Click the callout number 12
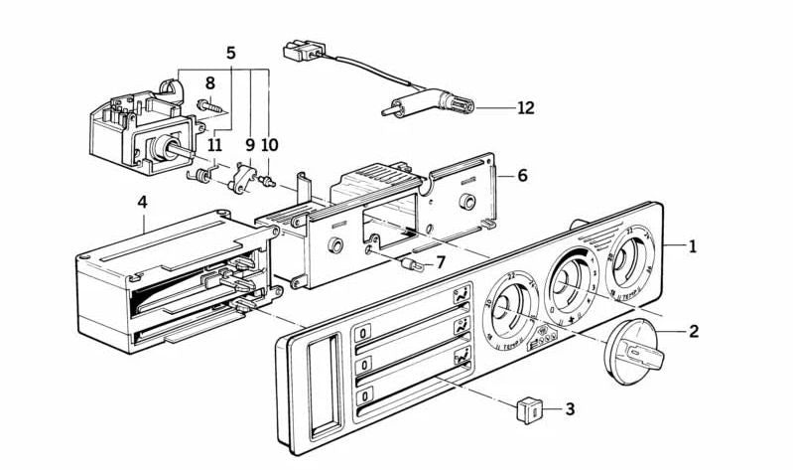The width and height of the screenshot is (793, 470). click(525, 107)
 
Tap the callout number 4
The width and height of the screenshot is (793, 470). click(143, 202)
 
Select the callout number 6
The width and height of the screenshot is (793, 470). click(522, 175)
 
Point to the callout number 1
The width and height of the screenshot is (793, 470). click(692, 246)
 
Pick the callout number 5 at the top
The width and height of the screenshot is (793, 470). click(230, 53)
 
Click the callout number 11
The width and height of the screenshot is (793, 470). click(215, 144)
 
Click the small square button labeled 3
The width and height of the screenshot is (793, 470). click(530, 406)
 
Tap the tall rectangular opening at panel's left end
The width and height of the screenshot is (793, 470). click(321, 385)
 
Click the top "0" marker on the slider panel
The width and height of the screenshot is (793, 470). click(364, 333)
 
